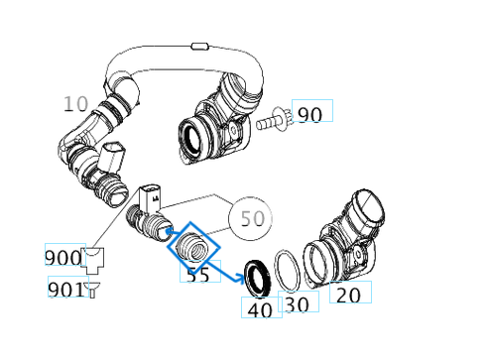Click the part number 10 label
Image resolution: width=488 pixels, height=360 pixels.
pyautogui.click(x=76, y=103)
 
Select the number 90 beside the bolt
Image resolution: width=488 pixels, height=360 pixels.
pyautogui.click(x=309, y=114)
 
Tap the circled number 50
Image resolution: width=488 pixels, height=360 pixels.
pyautogui.click(x=254, y=217)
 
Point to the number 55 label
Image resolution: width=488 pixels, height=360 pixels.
pyautogui.click(x=198, y=274)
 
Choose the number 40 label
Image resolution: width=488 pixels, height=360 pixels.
pyautogui.click(x=260, y=308)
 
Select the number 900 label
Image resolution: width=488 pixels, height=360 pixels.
pyautogui.click(x=62, y=258)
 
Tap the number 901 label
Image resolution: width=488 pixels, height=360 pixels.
pyautogui.click(x=65, y=290)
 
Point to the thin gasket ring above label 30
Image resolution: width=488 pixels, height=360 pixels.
pyautogui.click(x=289, y=268)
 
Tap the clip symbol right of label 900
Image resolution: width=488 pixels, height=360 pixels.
pyautogui.click(x=95, y=261)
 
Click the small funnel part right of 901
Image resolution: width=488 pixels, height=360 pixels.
pyautogui.click(x=93, y=289)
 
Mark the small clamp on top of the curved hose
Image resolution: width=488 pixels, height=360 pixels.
pyautogui.click(x=198, y=46)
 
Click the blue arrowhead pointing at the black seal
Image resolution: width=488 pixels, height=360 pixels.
pyautogui.click(x=241, y=279)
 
